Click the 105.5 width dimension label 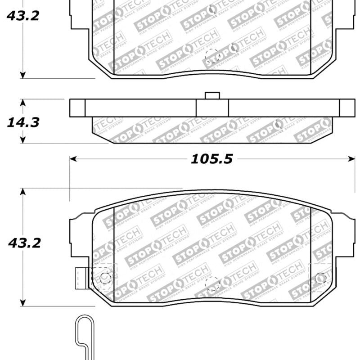(x=212, y=159)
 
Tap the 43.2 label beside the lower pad (x=24, y=243)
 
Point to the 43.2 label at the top (x=22, y=16)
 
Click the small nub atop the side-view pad (x=211, y=95)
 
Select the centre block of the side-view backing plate (x=212, y=108)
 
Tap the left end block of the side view (x=77, y=108)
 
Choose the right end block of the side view (x=347, y=108)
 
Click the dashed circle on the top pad (x=212, y=56)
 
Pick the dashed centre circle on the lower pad (x=212, y=283)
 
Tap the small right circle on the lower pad (x=320, y=278)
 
